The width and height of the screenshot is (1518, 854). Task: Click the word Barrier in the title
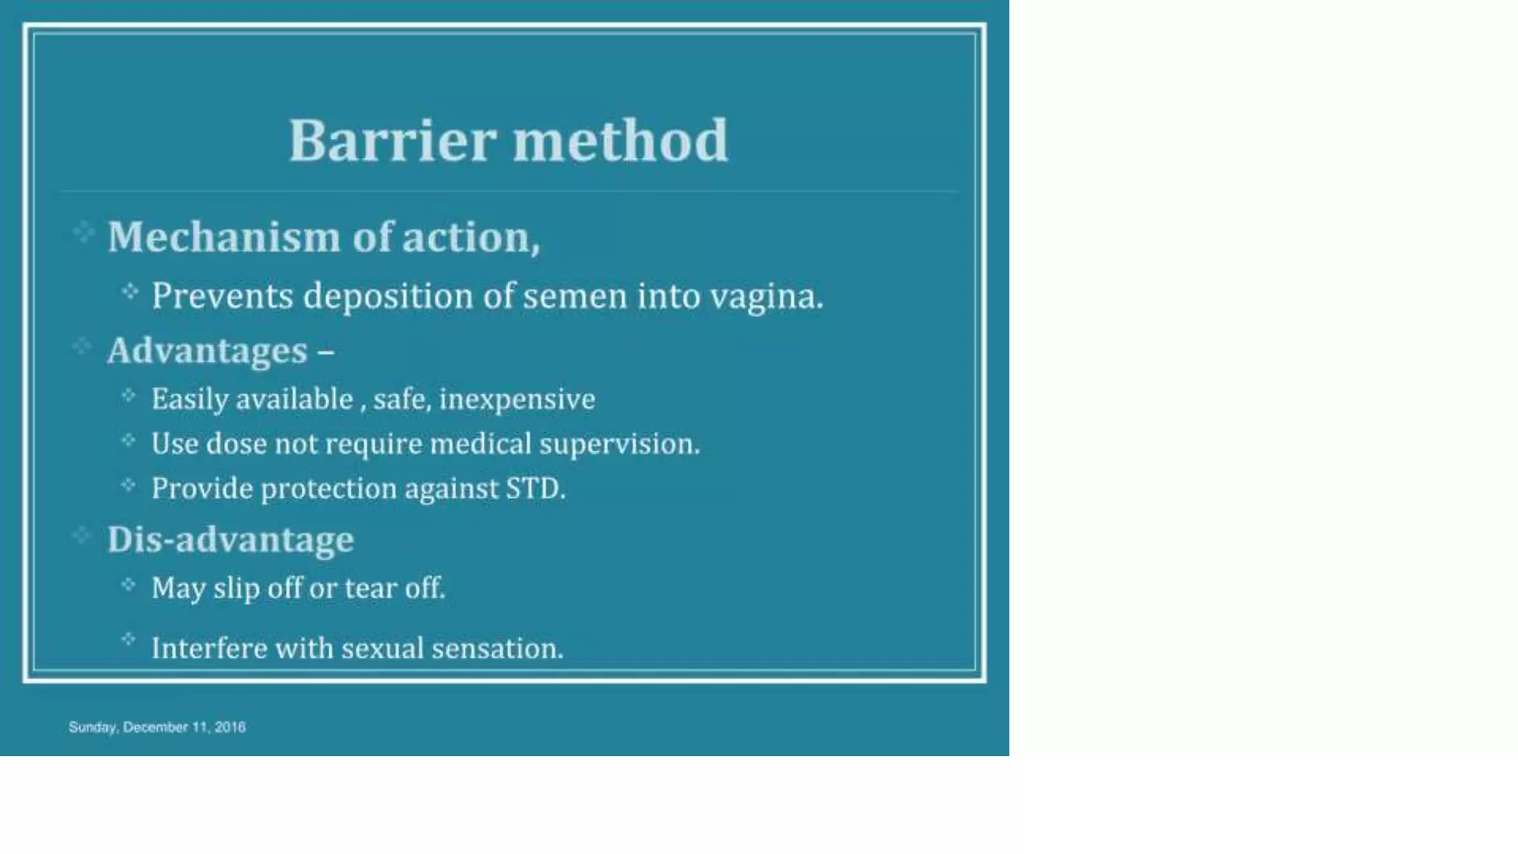pyautogui.click(x=391, y=140)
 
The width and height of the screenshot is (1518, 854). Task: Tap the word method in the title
pyautogui.click(x=620, y=140)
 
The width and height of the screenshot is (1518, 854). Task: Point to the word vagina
pyautogui.click(x=766, y=297)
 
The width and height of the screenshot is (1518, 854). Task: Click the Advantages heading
pyautogui.click(x=208, y=351)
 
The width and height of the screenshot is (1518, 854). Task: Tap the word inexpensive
pyautogui.click(x=517, y=400)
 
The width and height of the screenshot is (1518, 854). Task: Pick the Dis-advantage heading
pyautogui.click(x=231, y=539)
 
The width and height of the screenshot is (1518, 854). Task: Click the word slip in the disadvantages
pyautogui.click(x=236, y=589)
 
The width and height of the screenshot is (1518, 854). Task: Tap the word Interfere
pyautogui.click(x=208, y=649)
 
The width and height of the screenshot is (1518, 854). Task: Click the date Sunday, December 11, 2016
pyautogui.click(x=156, y=727)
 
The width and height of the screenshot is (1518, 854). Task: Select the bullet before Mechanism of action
pyautogui.click(x=83, y=233)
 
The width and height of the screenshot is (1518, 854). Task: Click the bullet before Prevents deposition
pyautogui.click(x=130, y=291)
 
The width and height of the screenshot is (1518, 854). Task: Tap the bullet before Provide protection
pyautogui.click(x=128, y=485)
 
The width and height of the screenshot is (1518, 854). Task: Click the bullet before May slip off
pyautogui.click(x=128, y=585)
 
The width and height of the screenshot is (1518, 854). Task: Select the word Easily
pyautogui.click(x=190, y=400)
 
